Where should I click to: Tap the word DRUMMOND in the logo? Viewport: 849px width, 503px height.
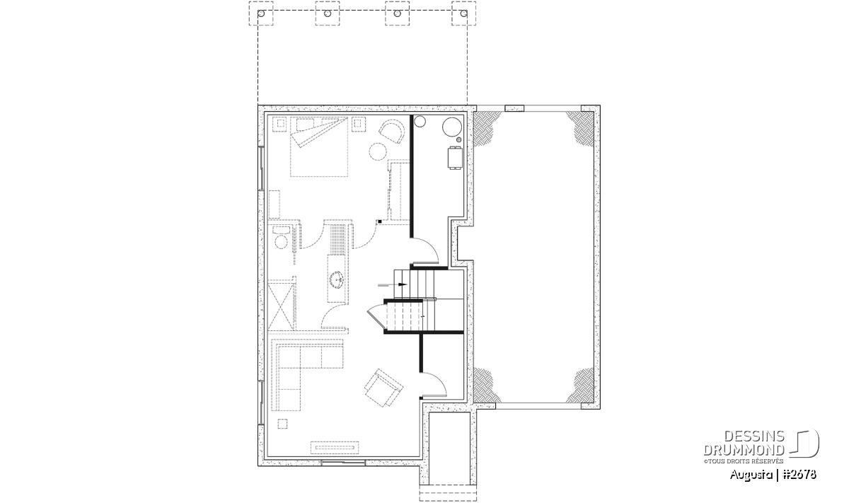pyautogui.click(x=744, y=450)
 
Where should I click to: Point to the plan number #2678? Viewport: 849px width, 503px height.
pyautogui.click(x=799, y=475)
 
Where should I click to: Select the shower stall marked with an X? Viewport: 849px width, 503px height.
pyautogui.click(x=281, y=306)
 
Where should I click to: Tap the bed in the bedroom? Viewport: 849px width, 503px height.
pyautogui.click(x=319, y=146)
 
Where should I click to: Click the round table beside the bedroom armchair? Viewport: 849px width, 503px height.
pyautogui.click(x=378, y=151)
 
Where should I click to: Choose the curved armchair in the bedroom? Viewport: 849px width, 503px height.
pyautogui.click(x=391, y=131)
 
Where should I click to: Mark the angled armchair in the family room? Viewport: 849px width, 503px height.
pyautogui.click(x=384, y=388)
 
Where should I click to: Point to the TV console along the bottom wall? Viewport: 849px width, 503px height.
pyautogui.click(x=335, y=447)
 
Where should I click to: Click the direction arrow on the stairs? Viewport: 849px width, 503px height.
pyautogui.click(x=393, y=284)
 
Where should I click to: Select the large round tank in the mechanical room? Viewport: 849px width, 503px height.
pyautogui.click(x=452, y=127)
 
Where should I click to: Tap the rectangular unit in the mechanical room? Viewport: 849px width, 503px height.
pyautogui.click(x=455, y=158)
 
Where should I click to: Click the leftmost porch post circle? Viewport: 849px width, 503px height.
pyautogui.click(x=261, y=13)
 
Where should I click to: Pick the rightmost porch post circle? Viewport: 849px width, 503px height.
pyautogui.click(x=463, y=13)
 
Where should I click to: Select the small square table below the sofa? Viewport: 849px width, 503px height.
pyautogui.click(x=282, y=423)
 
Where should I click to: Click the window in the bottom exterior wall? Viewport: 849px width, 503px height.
pyautogui.click(x=343, y=462)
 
